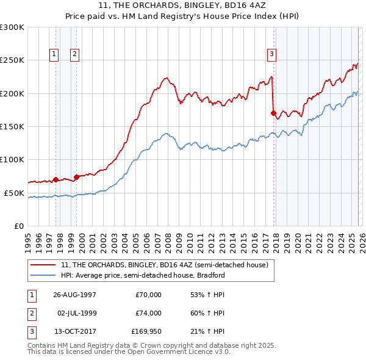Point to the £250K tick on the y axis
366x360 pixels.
click(12, 60)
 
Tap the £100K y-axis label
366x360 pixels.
click(12, 159)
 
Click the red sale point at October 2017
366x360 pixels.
click(273, 113)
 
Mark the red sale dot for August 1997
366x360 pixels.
click(56, 179)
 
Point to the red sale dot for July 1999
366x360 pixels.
click(76, 177)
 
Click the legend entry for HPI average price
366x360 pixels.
click(143, 275)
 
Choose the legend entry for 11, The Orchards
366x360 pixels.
click(164, 265)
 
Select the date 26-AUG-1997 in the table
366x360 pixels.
click(74, 295)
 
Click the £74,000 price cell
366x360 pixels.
click(148, 312)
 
